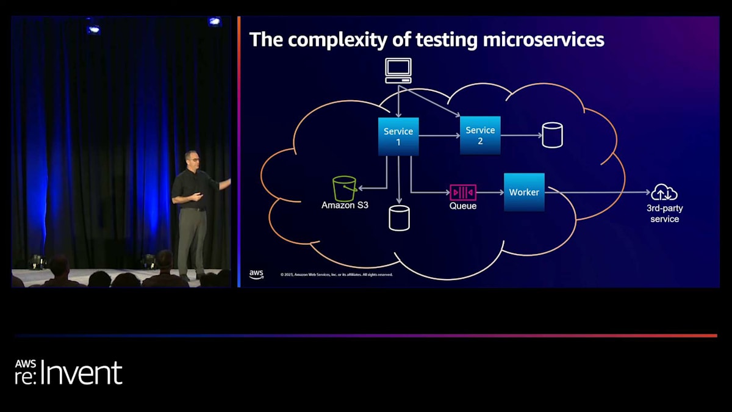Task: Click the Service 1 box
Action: click(x=398, y=136)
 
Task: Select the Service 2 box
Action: click(x=480, y=135)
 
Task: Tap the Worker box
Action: click(x=524, y=192)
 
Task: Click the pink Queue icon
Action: click(x=463, y=192)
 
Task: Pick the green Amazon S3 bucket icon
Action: click(x=345, y=189)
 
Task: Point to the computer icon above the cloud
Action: click(x=398, y=70)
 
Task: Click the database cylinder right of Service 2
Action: click(x=552, y=135)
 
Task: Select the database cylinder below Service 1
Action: click(x=399, y=218)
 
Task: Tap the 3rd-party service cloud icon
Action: click(x=664, y=193)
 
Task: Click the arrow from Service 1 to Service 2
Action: click(x=439, y=136)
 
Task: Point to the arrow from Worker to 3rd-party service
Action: click(x=598, y=192)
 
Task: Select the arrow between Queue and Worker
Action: click(x=490, y=192)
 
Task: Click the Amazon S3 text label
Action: click(x=345, y=206)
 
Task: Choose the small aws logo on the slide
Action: click(x=256, y=274)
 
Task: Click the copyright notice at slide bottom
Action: click(x=336, y=275)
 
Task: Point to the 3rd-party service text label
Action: click(x=664, y=214)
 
